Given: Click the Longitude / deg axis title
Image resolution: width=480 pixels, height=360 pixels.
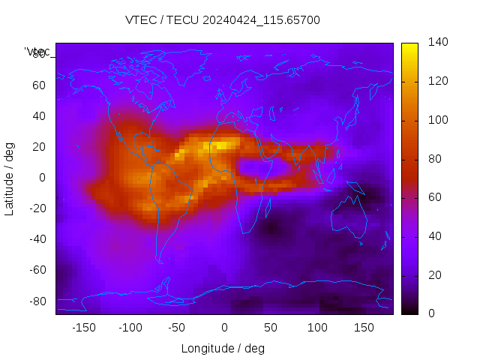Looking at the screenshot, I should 223,349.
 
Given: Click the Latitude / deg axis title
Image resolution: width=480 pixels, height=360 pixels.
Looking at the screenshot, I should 10,178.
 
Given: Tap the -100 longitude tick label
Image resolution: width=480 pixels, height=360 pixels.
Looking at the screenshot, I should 130,328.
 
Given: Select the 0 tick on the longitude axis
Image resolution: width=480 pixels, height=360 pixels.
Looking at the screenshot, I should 223,328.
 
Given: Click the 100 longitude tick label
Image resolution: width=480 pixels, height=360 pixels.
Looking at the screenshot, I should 317,328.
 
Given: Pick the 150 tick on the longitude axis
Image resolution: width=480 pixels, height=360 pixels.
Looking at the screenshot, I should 364,328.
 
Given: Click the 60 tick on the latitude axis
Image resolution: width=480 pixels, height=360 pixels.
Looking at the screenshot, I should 39,85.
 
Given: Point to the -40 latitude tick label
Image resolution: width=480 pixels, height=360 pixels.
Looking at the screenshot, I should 37,239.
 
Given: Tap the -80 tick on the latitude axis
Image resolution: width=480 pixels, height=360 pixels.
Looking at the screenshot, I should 37,301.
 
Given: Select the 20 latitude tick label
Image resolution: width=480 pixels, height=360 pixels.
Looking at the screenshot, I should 39,147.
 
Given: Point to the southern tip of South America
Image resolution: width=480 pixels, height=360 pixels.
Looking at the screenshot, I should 160,260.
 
